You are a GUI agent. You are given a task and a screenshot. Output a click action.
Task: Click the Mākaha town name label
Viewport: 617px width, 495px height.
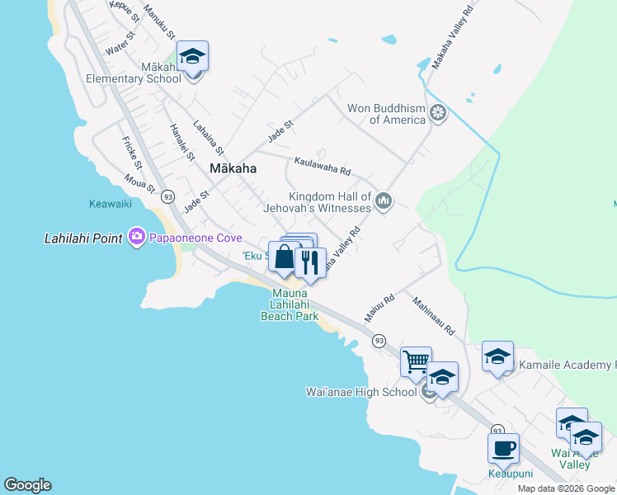tap(233, 168)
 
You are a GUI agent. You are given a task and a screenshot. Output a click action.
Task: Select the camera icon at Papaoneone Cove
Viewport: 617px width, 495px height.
tap(137, 238)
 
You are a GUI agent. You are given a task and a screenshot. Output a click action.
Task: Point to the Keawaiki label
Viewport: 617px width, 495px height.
tap(110, 204)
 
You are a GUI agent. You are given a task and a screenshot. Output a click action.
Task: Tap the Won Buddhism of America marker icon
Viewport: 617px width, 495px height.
tap(438, 112)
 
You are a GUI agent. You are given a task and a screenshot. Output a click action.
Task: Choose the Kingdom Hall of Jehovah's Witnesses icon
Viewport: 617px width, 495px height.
tap(383, 200)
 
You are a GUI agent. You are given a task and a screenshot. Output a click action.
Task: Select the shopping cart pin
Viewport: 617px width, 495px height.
tap(416, 361)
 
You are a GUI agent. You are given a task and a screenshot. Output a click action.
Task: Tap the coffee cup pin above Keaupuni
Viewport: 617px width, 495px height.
tap(503, 449)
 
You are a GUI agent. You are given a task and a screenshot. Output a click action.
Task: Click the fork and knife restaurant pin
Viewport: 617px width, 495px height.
tap(310, 262)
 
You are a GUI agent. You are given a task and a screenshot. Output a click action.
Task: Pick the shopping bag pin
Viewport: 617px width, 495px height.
tap(284, 257)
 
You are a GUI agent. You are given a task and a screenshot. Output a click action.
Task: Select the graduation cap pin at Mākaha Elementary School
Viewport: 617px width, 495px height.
tap(192, 57)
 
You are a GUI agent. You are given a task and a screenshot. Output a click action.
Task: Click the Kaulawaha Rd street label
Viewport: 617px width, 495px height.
tap(323, 167)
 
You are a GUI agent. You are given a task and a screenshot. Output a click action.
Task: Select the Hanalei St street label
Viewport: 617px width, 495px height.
tap(181, 141)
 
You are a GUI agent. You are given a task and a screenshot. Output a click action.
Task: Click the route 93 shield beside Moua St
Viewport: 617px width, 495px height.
tap(168, 196)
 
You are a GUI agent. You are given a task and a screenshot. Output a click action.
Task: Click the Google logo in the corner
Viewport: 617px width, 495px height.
tap(27, 485)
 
